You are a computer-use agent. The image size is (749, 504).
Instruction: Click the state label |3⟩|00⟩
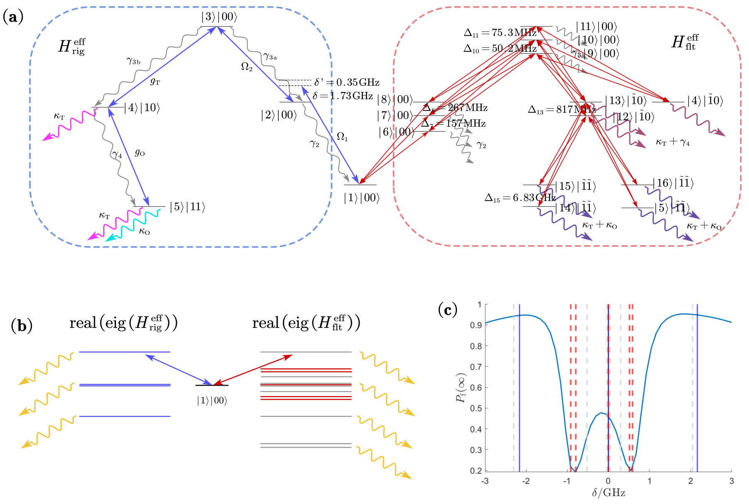tap(219, 17)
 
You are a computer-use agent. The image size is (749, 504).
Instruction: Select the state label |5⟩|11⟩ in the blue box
tap(187, 207)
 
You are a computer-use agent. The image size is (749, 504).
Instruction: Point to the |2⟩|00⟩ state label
tap(279, 115)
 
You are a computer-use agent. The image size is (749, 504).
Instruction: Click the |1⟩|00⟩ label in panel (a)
tap(361, 198)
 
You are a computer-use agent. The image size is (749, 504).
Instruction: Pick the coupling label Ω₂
tap(246, 67)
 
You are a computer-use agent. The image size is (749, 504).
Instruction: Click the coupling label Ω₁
tap(342, 137)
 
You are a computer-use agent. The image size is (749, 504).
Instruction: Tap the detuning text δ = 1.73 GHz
tap(343, 96)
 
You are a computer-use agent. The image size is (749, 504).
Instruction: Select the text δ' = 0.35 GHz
tap(347, 82)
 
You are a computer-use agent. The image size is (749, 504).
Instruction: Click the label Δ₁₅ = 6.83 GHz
tap(520, 198)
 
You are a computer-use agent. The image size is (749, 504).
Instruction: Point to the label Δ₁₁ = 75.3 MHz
tap(500, 33)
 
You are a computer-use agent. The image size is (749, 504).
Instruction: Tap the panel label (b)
tap(22, 326)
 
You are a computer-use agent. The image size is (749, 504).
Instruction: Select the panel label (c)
tap(447, 310)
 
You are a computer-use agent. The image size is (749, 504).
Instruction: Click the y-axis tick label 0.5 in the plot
tap(477, 408)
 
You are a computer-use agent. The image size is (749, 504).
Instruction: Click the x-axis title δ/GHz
tap(608, 493)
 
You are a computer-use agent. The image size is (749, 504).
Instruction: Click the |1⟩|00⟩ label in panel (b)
tap(212, 400)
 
